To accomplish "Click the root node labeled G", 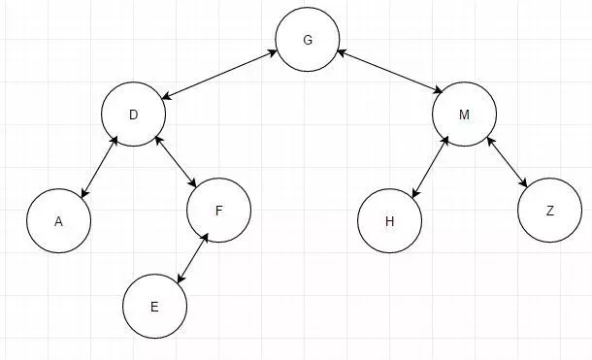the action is (x=308, y=39).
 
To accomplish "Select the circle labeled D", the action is (x=133, y=114).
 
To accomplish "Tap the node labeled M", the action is (x=465, y=114).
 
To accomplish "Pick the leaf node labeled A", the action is (x=58, y=221).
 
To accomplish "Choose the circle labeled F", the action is (x=219, y=211).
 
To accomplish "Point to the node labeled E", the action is (x=155, y=307).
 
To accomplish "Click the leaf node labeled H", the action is (x=389, y=221).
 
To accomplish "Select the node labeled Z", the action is (x=549, y=211).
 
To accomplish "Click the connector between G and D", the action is (x=219, y=75).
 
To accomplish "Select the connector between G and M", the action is (x=389, y=72).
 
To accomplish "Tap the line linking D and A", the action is (x=99, y=167).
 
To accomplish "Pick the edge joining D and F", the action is (x=176, y=162).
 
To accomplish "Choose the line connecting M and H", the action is (x=430, y=167).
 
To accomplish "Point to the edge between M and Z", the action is (x=507, y=162).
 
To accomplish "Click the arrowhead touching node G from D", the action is (x=274, y=52).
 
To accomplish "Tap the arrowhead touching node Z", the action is (x=524, y=183).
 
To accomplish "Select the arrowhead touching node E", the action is (x=181, y=278).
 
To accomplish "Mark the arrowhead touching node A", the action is (x=84, y=193).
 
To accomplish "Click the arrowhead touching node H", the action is (x=415, y=193).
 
